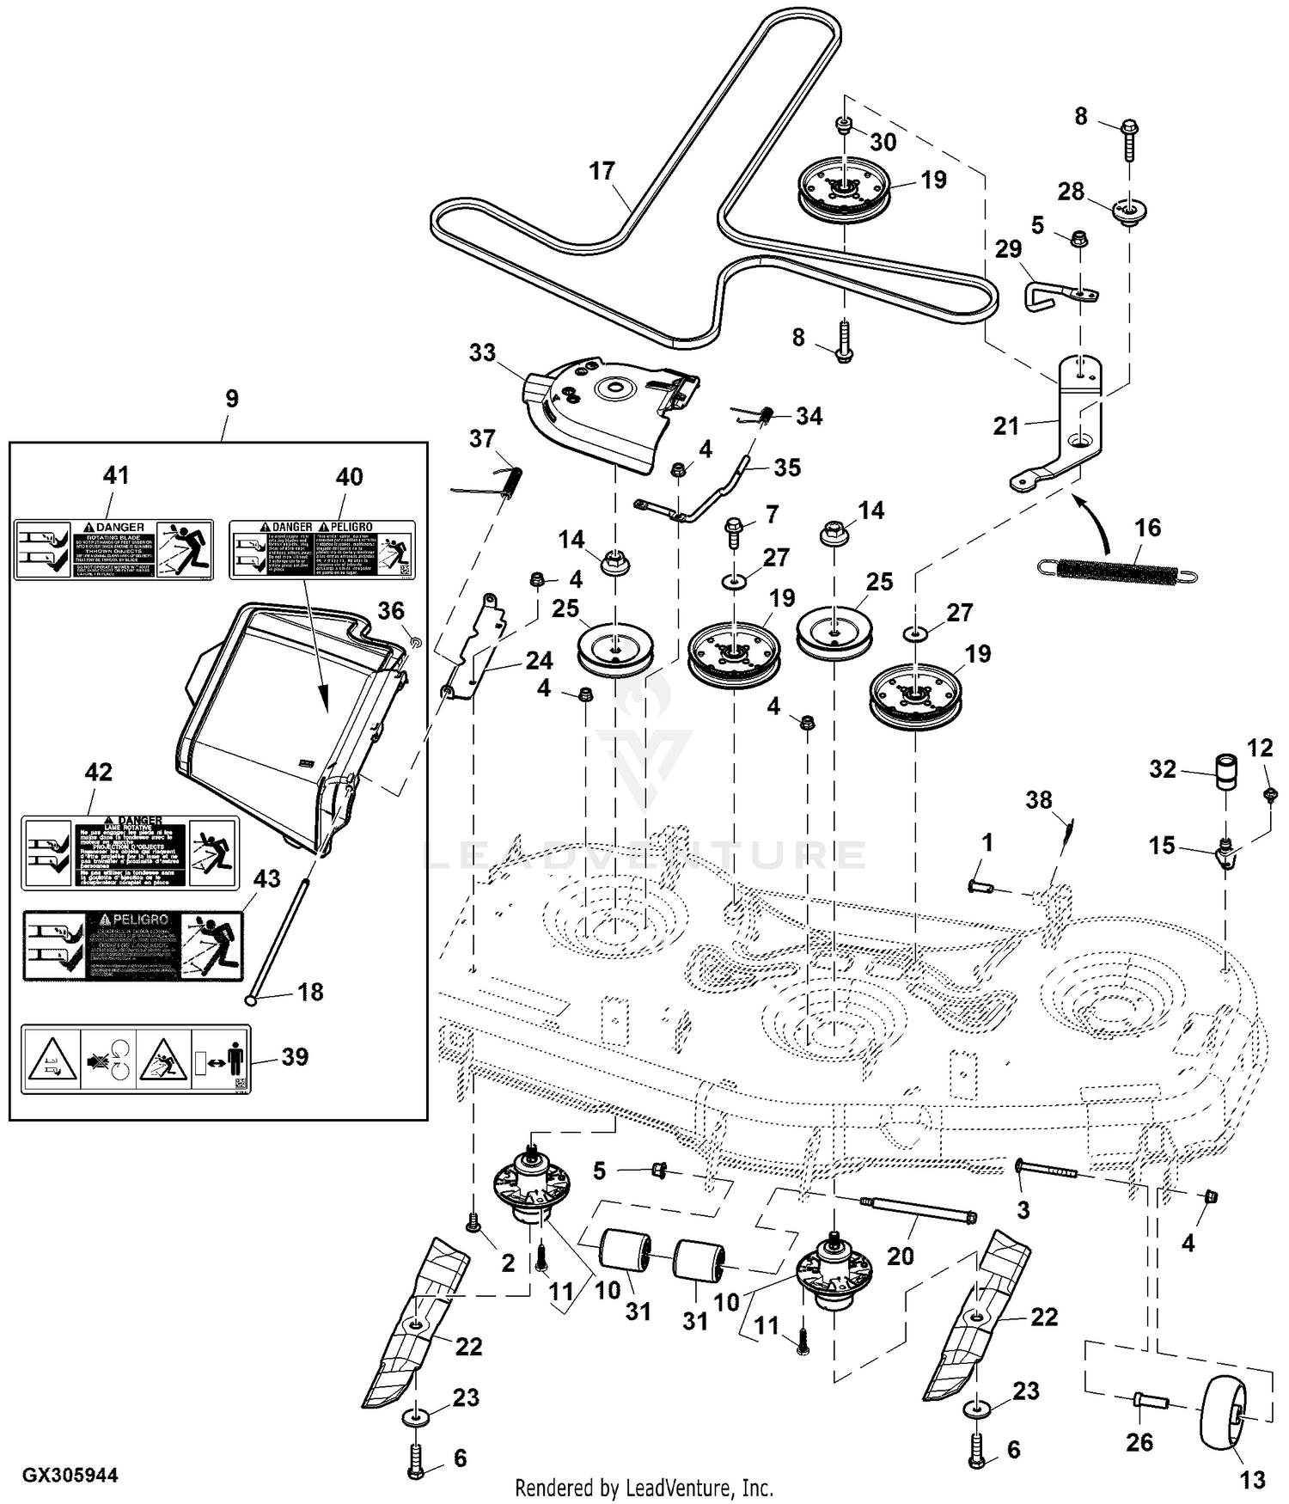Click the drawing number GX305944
point(70,1475)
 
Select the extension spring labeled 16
point(1116,571)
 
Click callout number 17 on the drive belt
point(602,171)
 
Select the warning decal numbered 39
point(136,1058)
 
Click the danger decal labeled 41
point(113,549)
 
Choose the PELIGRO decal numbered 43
point(133,946)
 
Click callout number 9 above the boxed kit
point(231,399)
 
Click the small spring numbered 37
point(514,478)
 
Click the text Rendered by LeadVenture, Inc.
point(644,1487)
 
